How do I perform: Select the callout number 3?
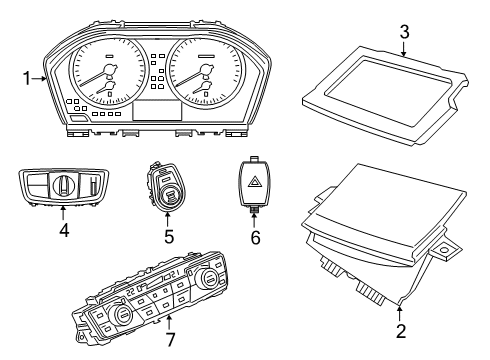pos(404,32)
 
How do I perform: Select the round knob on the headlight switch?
pos(59,185)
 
